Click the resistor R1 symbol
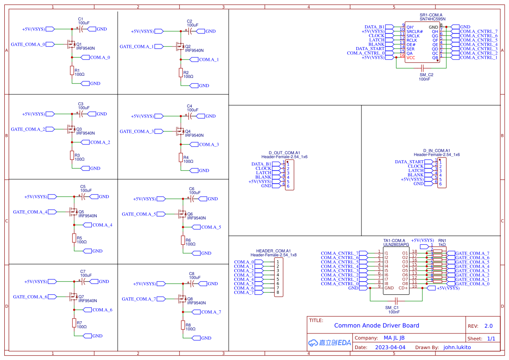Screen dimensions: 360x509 (72, 71)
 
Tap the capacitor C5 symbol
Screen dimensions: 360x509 (81, 197)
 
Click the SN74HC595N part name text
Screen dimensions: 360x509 (433, 19)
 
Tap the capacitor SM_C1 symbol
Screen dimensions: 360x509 (396, 301)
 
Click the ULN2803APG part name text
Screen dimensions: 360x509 (396, 245)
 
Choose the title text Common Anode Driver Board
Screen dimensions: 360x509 (377, 326)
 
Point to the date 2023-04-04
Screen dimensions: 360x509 (390, 347)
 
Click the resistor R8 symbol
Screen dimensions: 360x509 (183, 325)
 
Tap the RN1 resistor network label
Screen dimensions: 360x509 (442, 240)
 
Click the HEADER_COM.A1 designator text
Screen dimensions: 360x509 (273, 251)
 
